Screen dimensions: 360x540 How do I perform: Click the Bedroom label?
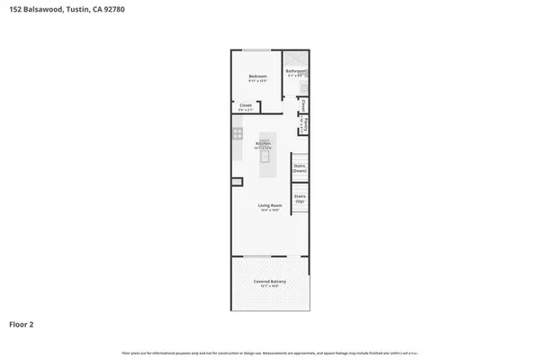[258, 76]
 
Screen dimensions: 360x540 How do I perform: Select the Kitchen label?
[264, 144]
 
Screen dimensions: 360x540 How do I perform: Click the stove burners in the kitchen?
[238, 134]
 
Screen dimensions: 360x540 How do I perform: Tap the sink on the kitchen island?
[265, 155]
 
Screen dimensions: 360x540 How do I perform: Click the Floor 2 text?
[22, 323]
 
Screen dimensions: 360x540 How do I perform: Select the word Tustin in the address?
[76, 10]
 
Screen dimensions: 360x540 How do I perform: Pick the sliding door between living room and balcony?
[258, 256]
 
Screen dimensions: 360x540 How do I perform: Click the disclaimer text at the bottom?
[270, 352]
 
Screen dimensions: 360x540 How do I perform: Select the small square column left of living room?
[237, 183]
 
